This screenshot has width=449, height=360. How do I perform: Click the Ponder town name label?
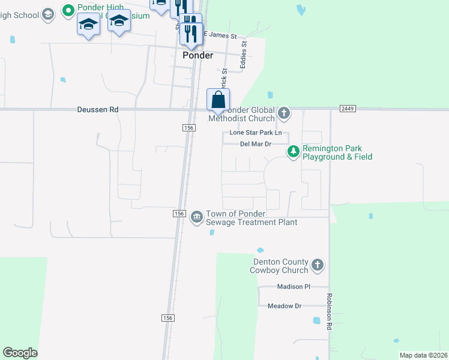coord(197,55)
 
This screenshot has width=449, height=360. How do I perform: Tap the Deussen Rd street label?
coord(98,110)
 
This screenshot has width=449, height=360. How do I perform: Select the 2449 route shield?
coord(348,108)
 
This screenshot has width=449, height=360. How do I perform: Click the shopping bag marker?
coord(218,100)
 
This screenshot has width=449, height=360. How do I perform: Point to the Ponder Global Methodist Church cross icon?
coord(284,112)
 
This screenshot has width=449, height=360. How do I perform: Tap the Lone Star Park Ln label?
coord(256,133)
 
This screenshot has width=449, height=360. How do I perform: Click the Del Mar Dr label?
coord(256,144)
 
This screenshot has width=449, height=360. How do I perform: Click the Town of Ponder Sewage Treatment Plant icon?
coord(196,217)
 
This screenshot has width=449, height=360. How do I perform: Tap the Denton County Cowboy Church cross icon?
coord(318,265)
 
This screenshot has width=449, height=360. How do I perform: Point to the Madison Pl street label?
coord(294,287)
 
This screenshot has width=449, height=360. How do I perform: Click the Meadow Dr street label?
coord(285,306)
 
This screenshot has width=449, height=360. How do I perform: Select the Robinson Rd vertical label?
coord(330,312)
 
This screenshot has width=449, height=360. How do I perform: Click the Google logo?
coord(20,353)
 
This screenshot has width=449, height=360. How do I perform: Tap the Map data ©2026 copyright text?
coord(424,355)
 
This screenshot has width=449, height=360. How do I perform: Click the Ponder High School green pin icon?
coord(68,10)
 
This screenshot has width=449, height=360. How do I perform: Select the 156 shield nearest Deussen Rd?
coord(188,128)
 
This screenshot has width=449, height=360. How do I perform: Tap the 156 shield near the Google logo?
coord(169,317)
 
